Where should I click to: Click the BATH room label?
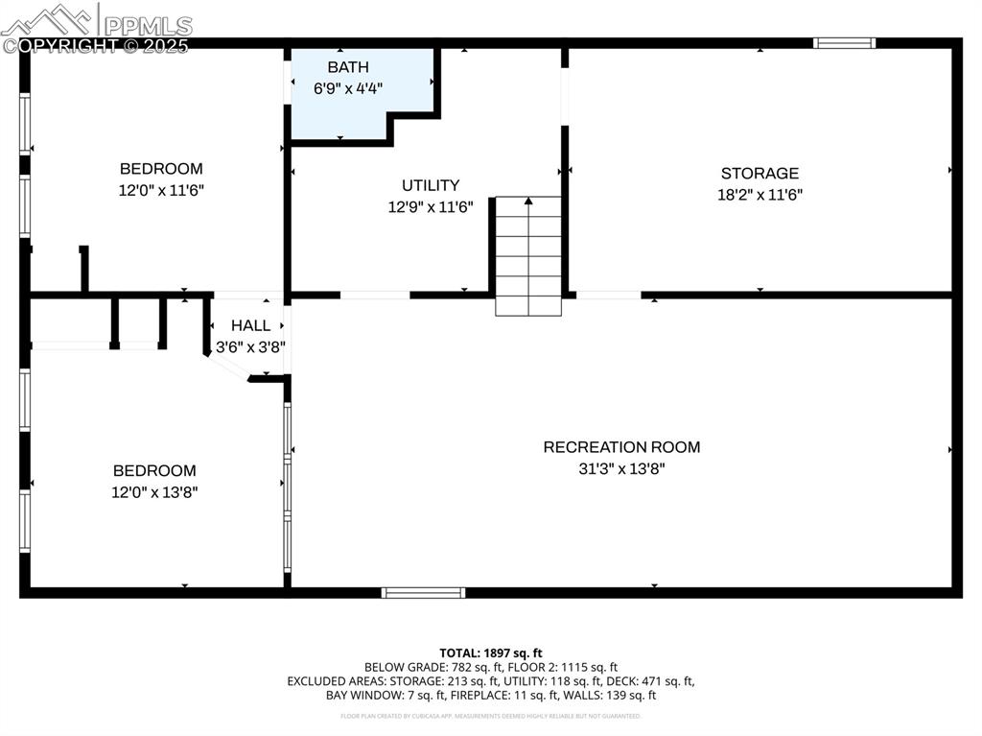coord(347,67)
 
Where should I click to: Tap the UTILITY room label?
coord(430,185)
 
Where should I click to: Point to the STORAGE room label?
coord(760,174)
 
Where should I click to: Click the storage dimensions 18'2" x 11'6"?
coord(760,195)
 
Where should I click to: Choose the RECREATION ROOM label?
coord(621,447)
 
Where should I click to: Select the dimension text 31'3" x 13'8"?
coord(621,469)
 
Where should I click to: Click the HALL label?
coord(250,326)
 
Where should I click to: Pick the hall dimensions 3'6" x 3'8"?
coord(250,347)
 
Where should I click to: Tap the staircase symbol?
coord(527,255)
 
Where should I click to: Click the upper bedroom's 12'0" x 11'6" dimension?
coord(161,190)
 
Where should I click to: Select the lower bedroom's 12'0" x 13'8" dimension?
coord(154,492)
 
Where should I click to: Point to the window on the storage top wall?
coord(844,42)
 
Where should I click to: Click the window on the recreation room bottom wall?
coord(423,593)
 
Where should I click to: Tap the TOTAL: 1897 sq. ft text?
coord(490,652)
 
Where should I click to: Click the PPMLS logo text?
coord(147,25)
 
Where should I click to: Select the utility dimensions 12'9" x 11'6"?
coord(430,206)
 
